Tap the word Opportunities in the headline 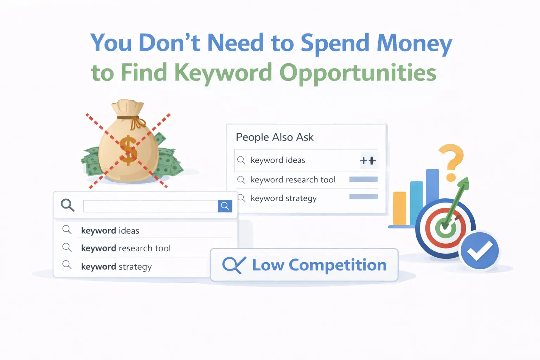[358, 73]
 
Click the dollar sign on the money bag [128, 150]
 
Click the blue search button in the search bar [225, 206]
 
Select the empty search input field [150, 206]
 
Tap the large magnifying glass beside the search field [67, 205]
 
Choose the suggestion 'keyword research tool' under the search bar [126, 248]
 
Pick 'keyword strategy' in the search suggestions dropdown [116, 267]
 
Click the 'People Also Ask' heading [275, 137]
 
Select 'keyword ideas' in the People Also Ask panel [278, 160]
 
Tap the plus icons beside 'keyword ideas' [368, 161]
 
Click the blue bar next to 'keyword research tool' [363, 180]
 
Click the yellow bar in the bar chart [400, 208]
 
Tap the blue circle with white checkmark [480, 250]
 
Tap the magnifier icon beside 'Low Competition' [233, 265]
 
